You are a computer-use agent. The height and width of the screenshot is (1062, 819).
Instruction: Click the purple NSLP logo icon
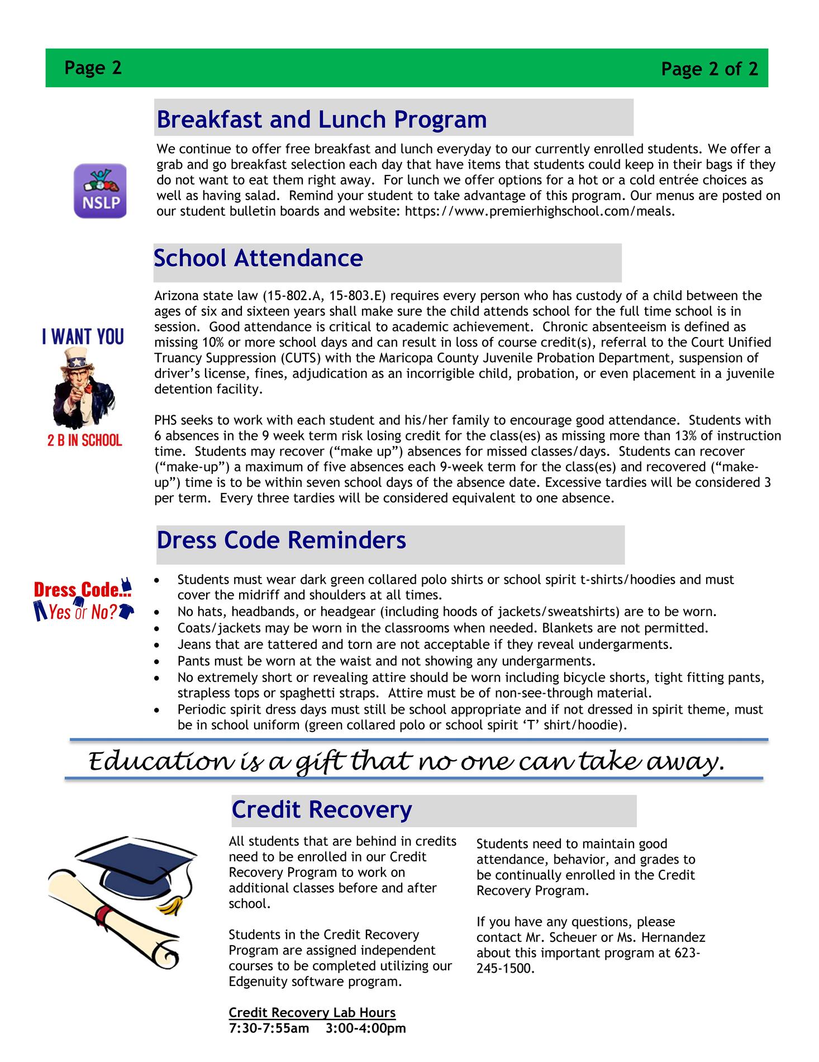click(101, 191)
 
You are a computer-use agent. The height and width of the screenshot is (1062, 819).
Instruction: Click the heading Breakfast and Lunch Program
click(321, 120)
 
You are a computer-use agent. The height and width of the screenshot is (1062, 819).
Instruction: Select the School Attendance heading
click(258, 258)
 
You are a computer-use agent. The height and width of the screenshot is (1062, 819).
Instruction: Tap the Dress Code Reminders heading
click(281, 540)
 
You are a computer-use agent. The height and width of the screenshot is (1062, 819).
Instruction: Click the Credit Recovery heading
click(321, 809)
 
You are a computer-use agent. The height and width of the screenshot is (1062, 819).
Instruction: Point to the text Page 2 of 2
click(710, 69)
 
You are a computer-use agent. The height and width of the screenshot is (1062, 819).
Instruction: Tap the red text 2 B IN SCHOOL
click(84, 440)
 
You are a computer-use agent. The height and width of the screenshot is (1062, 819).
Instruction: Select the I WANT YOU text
click(83, 337)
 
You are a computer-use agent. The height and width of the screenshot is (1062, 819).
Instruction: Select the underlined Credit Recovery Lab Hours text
click(312, 1012)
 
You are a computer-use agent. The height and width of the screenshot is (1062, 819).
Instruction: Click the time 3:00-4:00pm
click(365, 1028)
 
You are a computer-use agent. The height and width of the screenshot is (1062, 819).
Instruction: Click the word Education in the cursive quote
click(159, 762)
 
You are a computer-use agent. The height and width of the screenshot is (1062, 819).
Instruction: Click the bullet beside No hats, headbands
click(160, 612)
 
